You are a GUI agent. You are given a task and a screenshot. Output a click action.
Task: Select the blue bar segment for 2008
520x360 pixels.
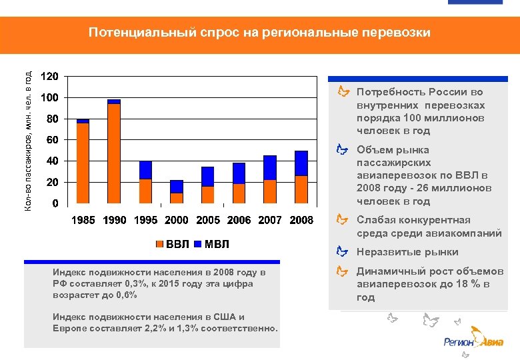tap(301, 163)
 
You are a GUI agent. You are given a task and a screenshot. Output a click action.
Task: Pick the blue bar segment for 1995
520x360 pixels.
tap(145, 170)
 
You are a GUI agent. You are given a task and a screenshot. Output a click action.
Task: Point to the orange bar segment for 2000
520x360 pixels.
tap(177, 198)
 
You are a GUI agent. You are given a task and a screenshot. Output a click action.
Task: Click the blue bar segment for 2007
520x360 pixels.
tap(270, 168)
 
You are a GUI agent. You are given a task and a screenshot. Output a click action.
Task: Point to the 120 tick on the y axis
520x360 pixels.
tap(49, 76)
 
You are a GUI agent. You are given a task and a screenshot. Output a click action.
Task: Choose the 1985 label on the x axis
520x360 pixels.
tap(83, 221)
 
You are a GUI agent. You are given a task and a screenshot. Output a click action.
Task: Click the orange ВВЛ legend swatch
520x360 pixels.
tap(160, 245)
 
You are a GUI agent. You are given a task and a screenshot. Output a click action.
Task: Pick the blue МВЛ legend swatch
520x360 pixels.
tap(198, 245)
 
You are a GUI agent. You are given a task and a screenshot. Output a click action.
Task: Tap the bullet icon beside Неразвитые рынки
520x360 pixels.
tap(342, 251)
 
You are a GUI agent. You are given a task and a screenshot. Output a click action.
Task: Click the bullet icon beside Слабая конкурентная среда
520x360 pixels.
tap(342, 219)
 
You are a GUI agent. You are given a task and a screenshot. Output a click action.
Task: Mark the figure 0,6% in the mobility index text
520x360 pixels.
tap(123, 295)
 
